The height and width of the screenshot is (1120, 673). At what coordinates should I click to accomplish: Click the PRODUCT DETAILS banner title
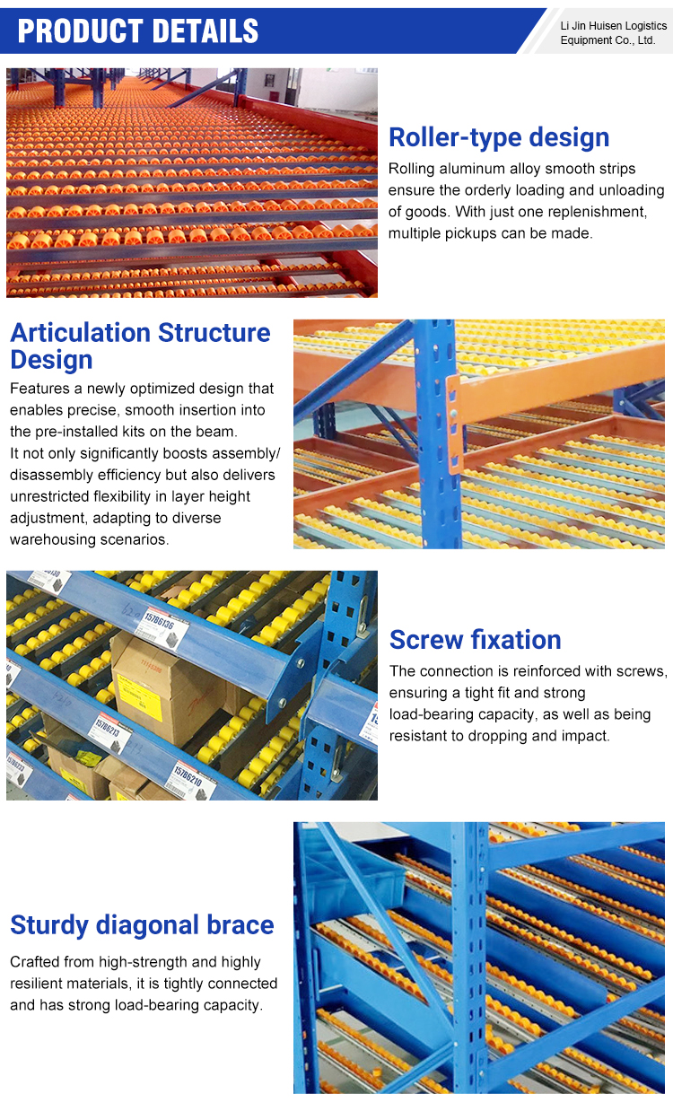tap(138, 31)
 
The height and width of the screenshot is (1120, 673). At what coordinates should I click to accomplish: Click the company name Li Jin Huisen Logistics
tap(614, 25)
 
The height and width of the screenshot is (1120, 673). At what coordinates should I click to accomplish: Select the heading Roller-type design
tap(499, 137)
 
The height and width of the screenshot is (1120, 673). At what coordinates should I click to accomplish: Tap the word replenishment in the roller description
tap(597, 212)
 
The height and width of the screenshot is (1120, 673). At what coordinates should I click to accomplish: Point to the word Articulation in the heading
tap(80, 332)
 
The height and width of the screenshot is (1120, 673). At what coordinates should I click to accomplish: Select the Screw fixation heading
tap(475, 640)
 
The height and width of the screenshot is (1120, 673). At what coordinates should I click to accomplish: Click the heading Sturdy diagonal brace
tap(142, 924)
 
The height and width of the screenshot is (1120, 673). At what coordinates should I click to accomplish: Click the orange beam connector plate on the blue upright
tap(453, 424)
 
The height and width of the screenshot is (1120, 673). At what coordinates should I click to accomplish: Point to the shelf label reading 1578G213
tap(110, 734)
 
